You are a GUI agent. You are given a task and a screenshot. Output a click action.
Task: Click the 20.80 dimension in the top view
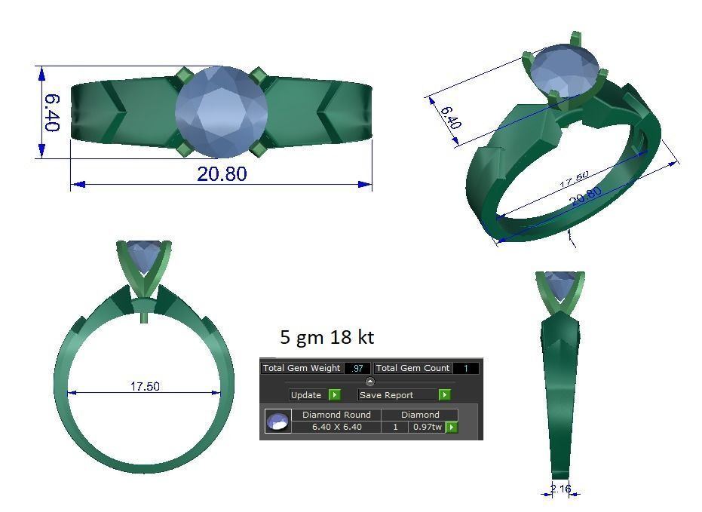(x=221, y=173)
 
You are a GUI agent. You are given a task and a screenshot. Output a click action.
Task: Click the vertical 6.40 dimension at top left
(x=51, y=112)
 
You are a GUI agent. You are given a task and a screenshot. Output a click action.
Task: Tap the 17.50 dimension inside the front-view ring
(x=145, y=386)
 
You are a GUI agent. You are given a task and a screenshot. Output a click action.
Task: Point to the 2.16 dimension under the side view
(x=560, y=489)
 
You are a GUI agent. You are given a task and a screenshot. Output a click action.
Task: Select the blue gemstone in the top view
(x=222, y=112)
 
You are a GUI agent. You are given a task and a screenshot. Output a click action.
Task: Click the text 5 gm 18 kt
(x=326, y=336)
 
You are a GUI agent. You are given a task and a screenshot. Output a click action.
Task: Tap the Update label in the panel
(x=305, y=395)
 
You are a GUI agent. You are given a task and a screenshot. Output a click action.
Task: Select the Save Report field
(x=397, y=395)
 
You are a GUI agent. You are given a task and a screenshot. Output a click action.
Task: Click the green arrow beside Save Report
(x=445, y=395)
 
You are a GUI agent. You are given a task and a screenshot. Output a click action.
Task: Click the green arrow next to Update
(x=334, y=395)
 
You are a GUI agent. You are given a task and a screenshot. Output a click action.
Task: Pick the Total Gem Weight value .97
(x=357, y=368)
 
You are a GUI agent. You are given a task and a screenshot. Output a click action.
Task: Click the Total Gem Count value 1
(x=465, y=368)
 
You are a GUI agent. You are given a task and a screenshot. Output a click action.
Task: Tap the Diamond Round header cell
(x=336, y=415)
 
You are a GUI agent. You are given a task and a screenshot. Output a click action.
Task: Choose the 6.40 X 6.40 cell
(x=336, y=427)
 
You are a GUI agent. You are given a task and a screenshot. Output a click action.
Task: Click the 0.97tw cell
(x=426, y=427)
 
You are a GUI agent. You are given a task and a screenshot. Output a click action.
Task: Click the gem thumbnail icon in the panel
(x=277, y=422)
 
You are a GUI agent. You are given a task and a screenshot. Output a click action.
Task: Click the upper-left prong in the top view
(x=183, y=75)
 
